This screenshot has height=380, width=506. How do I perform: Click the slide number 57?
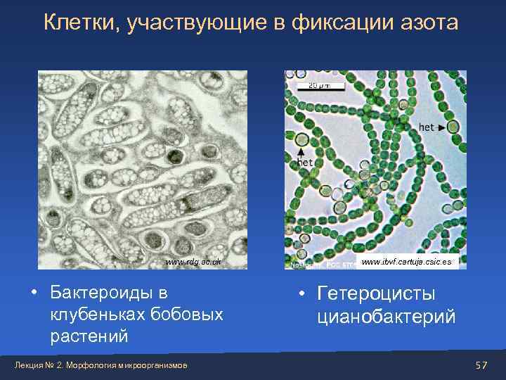point(481,365)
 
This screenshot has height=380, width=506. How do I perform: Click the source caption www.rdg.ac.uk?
point(195,262)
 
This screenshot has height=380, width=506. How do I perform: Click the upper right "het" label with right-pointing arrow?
point(427,127)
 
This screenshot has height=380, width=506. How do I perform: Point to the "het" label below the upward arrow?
point(304,163)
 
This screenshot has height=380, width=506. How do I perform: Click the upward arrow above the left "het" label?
point(300,150)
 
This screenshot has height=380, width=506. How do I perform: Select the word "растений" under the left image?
point(89,336)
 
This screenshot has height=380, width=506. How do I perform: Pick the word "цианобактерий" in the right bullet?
point(386,317)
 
